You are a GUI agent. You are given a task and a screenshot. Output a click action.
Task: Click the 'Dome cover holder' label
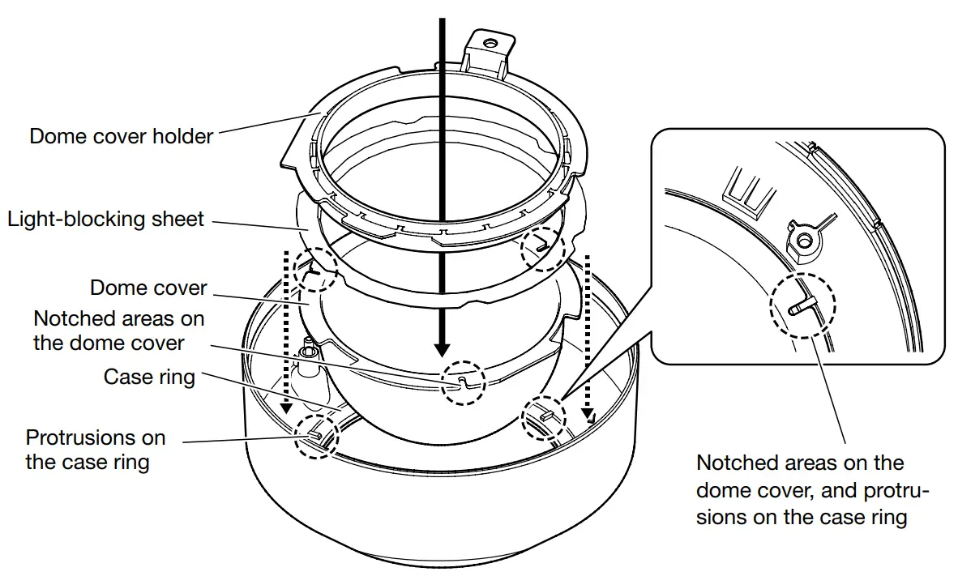[x=121, y=135]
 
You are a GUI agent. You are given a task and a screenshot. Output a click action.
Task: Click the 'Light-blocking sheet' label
[x=106, y=220]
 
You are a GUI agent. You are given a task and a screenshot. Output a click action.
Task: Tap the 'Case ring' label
[x=149, y=377]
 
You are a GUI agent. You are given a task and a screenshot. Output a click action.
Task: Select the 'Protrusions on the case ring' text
[x=95, y=450]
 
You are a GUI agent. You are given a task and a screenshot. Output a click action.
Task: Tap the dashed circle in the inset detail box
[x=802, y=305]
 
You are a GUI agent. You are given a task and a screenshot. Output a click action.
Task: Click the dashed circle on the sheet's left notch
[x=314, y=268]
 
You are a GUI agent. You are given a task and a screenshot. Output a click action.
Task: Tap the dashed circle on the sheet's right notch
[x=542, y=247]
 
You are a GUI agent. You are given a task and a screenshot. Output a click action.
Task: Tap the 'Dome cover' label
[x=148, y=288]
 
